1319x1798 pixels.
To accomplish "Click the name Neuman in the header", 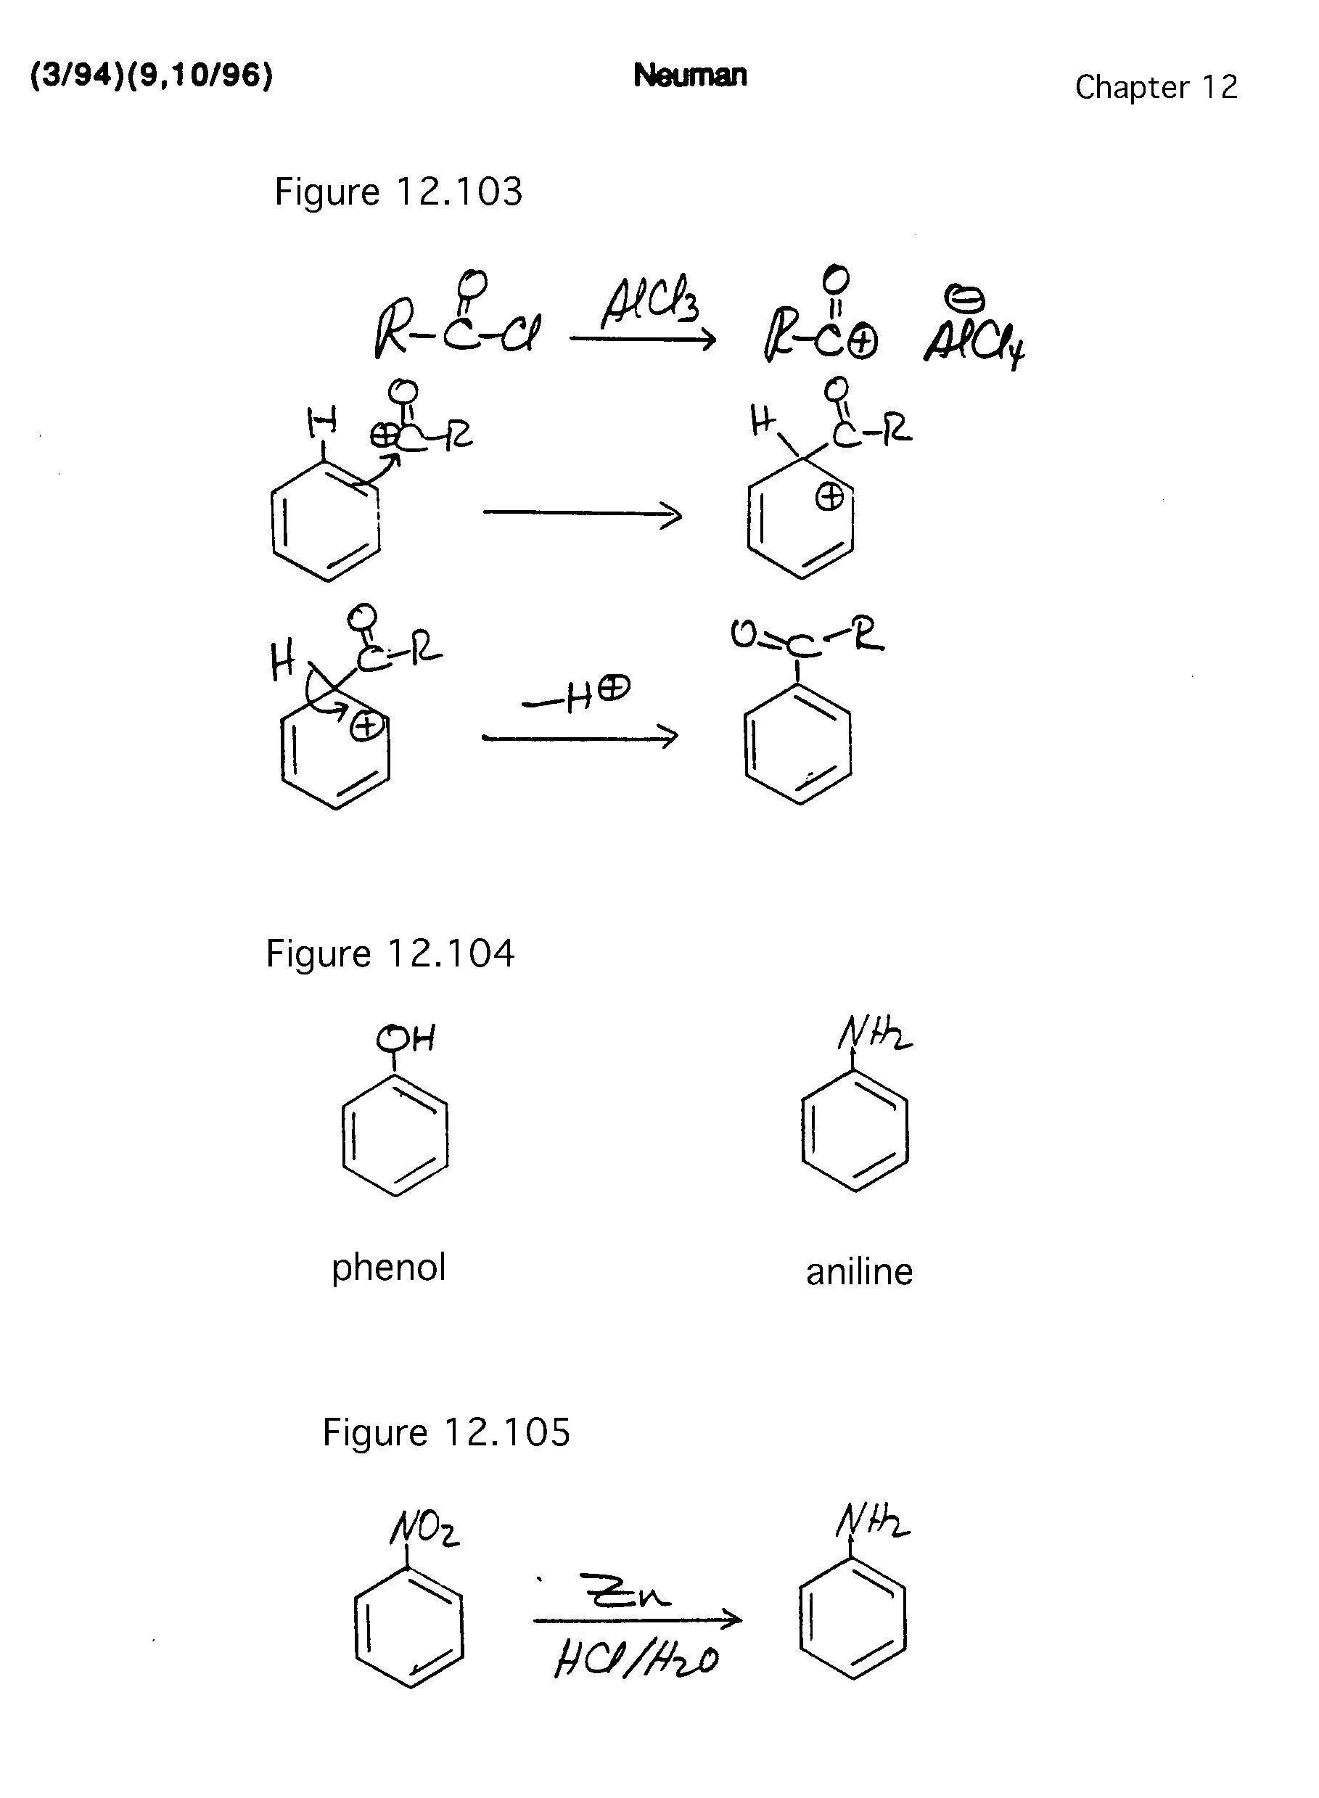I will (x=690, y=75).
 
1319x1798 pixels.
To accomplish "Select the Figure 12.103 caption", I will (x=398, y=192).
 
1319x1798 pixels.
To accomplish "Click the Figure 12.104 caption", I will (x=390, y=953).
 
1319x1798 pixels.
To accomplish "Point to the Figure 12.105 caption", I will (x=445, y=1432).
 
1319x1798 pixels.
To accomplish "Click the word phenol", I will (x=388, y=1268).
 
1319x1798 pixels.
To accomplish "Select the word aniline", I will (x=858, y=1272).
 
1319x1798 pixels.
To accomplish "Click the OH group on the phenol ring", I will (x=406, y=1039).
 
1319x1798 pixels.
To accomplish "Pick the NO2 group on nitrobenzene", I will (x=424, y=1529).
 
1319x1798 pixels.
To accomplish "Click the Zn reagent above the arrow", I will (x=626, y=1590).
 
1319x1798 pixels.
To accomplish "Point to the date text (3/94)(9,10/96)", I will (x=152, y=75).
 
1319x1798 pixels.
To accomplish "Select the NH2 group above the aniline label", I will (x=874, y=1036).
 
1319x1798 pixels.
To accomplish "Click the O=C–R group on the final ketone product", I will (x=806, y=636).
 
